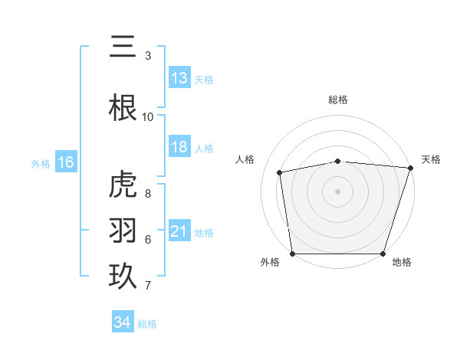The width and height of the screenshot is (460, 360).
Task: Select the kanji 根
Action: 123,108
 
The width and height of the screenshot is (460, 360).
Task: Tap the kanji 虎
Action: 123,185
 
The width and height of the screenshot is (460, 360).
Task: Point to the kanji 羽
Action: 123,231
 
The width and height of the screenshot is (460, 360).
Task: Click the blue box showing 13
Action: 179,78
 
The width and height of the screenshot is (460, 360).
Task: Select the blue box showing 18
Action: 179,147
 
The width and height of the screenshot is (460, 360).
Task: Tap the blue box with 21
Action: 179,231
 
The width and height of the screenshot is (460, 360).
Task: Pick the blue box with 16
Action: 65,162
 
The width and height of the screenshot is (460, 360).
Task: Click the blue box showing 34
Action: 123,322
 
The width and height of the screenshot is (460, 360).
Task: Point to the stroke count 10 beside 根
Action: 148,117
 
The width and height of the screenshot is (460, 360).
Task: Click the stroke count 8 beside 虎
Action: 148,194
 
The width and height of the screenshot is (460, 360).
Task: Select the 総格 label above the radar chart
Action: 338,100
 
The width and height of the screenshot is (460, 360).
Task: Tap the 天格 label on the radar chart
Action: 431,159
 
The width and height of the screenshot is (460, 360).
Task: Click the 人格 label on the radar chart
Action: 245,159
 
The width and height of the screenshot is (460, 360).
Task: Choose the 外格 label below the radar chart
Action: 269,262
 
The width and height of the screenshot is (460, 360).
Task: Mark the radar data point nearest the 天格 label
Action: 410,168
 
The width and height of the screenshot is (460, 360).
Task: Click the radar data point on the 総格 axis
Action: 338,161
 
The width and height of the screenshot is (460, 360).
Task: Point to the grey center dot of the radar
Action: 338,191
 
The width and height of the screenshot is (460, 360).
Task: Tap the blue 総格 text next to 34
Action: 147,324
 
